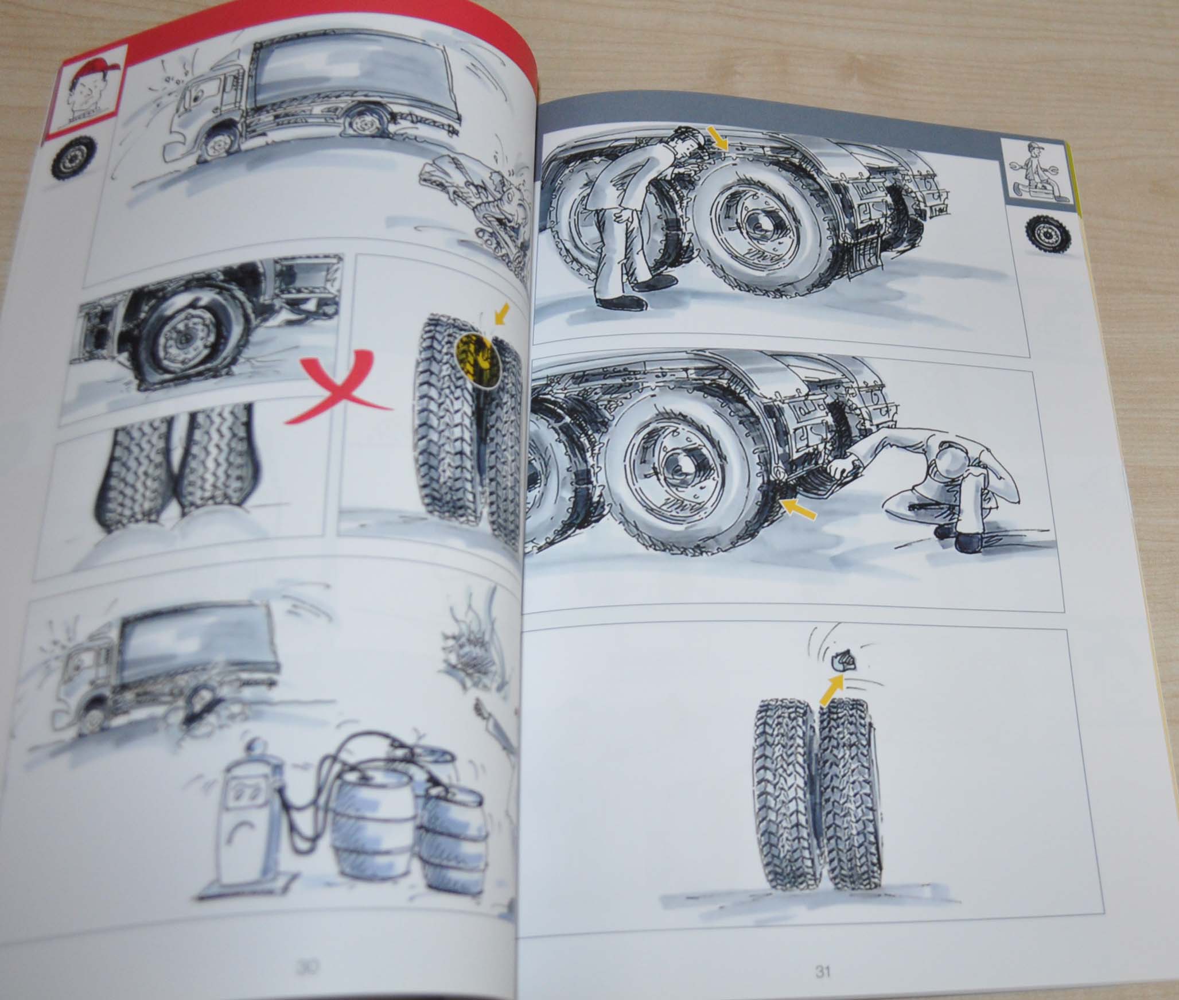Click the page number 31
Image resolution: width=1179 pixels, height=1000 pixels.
(x=822, y=972)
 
